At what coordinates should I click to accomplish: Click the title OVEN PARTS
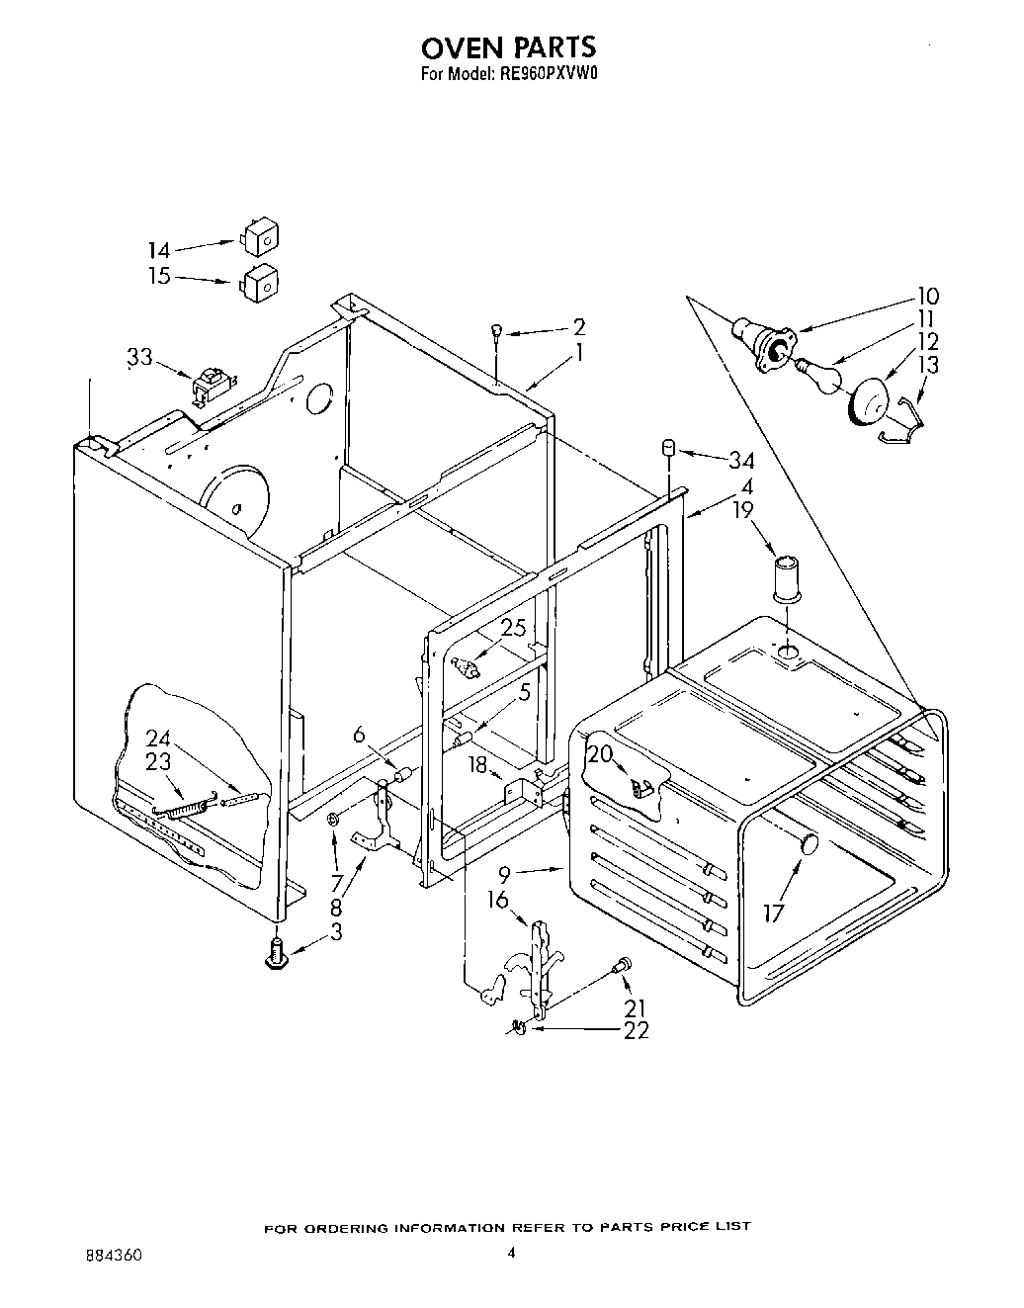(509, 47)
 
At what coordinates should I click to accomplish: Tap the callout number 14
(159, 251)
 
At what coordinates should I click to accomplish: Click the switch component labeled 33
(210, 386)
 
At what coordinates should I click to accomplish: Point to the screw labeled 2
(496, 335)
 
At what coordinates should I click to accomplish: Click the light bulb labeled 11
(820, 378)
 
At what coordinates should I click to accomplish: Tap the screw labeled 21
(623, 966)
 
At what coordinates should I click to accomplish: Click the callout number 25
(513, 628)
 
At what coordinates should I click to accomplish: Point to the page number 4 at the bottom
(511, 1253)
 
